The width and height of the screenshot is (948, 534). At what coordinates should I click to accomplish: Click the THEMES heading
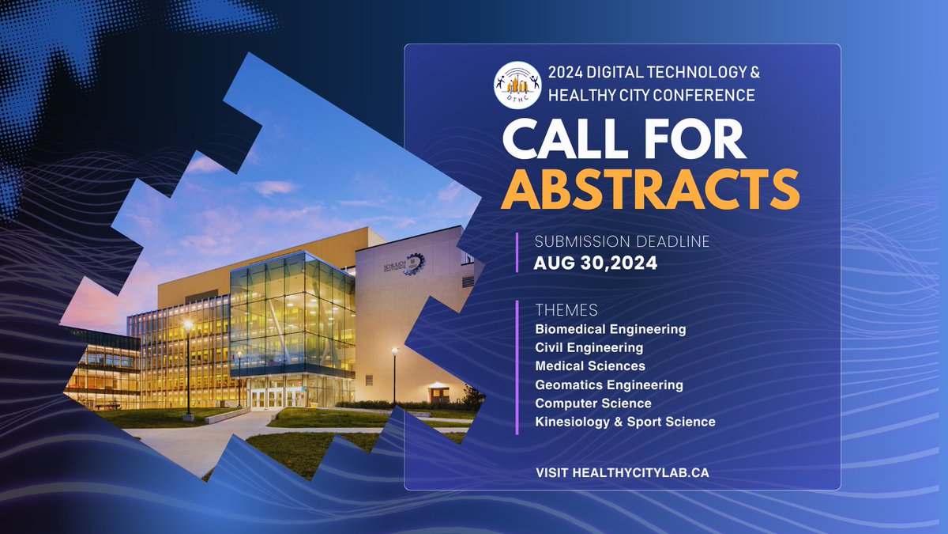point(566,309)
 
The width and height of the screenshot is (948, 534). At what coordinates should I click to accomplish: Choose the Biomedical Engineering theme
point(610,328)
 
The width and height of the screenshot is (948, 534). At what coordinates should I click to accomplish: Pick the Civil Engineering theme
point(589,347)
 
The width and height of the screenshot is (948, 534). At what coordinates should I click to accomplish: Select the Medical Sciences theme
point(590,366)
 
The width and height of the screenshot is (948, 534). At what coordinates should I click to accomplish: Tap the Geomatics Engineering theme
point(608,385)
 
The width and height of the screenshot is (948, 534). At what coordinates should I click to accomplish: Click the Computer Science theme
point(592,403)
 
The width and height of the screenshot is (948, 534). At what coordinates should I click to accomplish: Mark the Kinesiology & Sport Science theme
point(625,422)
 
